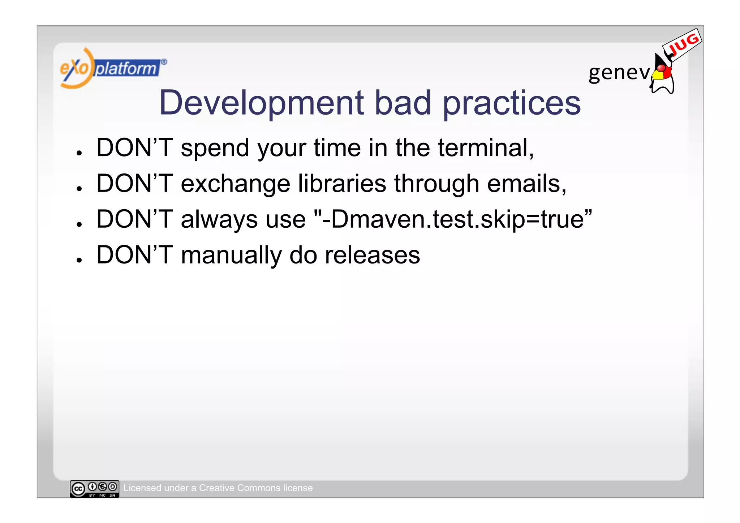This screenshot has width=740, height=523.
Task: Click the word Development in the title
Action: pyautogui.click(x=261, y=103)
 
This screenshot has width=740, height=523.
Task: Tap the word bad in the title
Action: pyautogui.click(x=403, y=103)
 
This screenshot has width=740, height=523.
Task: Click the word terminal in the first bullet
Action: pyautogui.click(x=485, y=148)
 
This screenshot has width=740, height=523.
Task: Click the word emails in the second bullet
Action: pyautogui.click(x=526, y=184)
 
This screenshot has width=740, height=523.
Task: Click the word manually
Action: pyautogui.click(x=231, y=255)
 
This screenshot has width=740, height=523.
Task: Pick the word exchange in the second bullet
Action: pyautogui.click(x=235, y=184)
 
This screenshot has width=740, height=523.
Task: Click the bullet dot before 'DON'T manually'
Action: pyautogui.click(x=79, y=260)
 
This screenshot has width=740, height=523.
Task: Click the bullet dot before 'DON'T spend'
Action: pyautogui.click(x=79, y=153)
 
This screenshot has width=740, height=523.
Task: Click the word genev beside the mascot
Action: pyautogui.click(x=619, y=72)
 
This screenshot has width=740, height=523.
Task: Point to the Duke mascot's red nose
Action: pyautogui.click(x=661, y=68)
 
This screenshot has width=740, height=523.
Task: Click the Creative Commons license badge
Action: pyautogui.click(x=94, y=489)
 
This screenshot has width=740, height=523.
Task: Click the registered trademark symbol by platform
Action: pyautogui.click(x=164, y=62)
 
